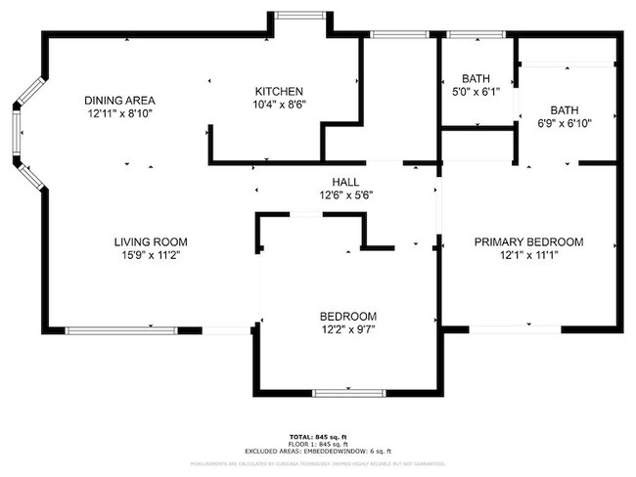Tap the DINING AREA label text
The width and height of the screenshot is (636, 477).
tap(119, 100)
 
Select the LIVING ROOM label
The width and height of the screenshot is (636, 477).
tap(150, 241)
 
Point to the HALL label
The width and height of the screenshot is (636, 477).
tap(344, 182)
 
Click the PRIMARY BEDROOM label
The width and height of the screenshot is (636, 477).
tap(528, 242)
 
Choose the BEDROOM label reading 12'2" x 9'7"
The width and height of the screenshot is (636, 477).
tap(347, 316)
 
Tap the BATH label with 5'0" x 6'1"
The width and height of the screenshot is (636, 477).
tap(475, 78)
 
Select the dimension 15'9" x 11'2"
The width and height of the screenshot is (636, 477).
tap(150, 255)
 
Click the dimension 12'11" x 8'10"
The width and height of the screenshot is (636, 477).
tap(119, 113)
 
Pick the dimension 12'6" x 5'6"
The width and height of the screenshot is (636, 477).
tap(344, 195)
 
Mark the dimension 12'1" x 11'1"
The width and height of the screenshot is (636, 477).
tap(528, 256)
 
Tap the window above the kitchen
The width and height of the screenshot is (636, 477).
tap(300, 17)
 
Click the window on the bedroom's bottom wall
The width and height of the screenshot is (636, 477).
tap(347, 393)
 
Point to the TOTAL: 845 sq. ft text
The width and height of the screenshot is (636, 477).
tap(317, 436)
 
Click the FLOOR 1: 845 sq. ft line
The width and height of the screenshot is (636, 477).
tap(317, 443)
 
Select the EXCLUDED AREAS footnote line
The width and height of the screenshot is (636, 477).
tap(317, 451)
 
